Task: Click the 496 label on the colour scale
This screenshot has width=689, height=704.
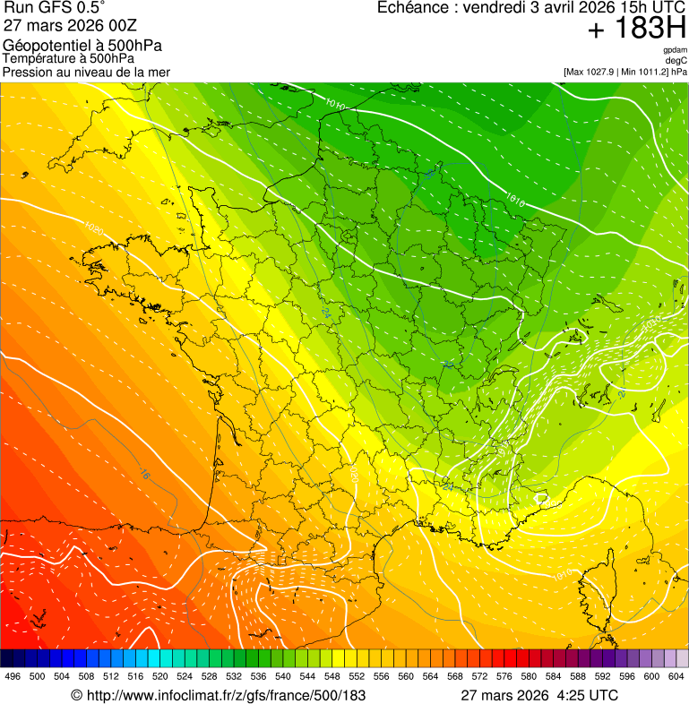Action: point(13,676)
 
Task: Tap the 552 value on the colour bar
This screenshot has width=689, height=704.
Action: point(357,676)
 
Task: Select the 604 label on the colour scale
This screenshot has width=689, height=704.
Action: point(676,676)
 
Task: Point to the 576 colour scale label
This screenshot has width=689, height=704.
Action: point(504,676)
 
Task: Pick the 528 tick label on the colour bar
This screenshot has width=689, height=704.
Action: point(210,676)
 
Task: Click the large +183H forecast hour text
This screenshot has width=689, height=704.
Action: point(636,30)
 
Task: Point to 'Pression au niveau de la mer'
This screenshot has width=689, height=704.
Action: point(86,72)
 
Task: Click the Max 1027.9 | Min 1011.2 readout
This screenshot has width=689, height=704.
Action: point(624,72)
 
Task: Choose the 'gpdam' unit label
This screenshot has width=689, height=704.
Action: point(676,51)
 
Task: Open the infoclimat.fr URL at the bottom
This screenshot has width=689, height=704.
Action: point(219,695)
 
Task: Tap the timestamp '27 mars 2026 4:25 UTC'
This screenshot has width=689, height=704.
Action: point(538,695)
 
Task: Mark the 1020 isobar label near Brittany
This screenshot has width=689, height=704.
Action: point(94,230)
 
